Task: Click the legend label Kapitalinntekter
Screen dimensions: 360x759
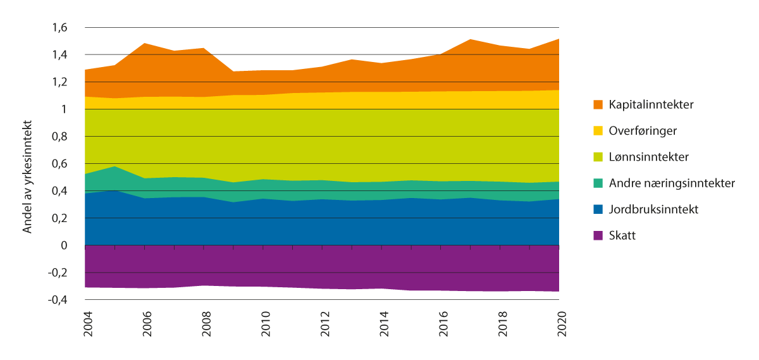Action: [651, 104]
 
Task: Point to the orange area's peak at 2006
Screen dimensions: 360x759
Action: [145, 44]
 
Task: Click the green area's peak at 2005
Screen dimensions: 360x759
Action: [114, 166]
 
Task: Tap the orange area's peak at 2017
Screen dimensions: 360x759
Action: [471, 39]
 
